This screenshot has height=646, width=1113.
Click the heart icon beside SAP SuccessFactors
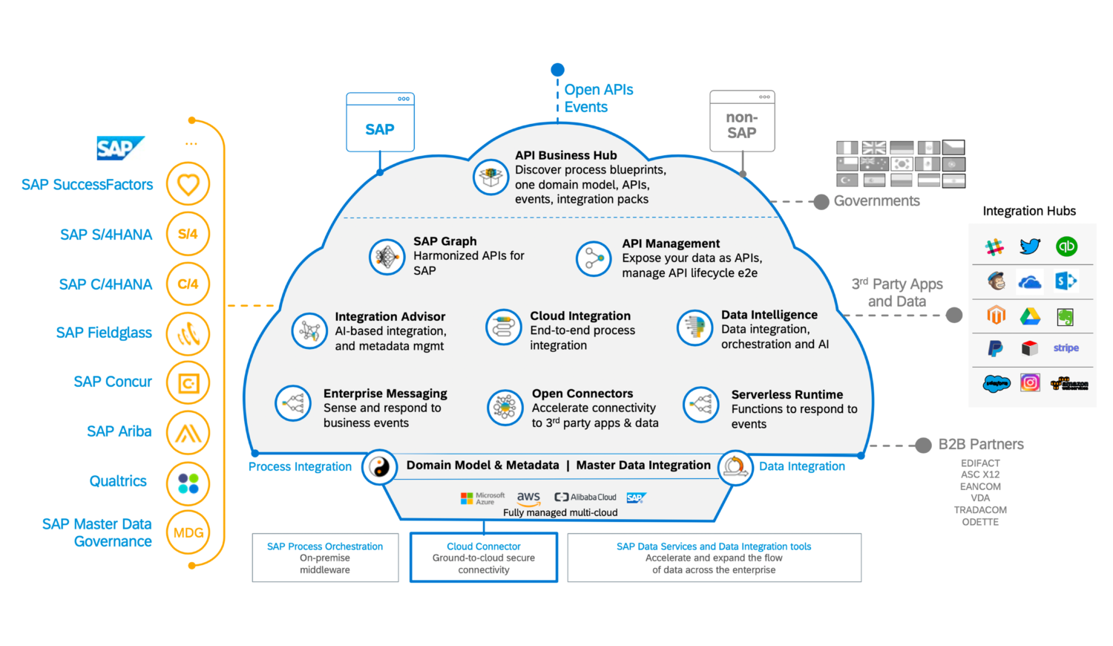(188, 184)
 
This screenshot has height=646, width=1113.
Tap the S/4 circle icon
(188, 234)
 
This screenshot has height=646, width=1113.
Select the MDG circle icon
(188, 532)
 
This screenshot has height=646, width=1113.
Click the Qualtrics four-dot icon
(188, 483)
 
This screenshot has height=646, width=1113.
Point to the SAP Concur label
(113, 382)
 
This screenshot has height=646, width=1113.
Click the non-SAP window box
(742, 122)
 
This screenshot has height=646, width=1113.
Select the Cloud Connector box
(484, 558)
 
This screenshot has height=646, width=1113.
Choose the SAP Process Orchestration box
(325, 558)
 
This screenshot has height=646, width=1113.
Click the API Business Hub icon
(490, 177)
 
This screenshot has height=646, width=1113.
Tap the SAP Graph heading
(445, 241)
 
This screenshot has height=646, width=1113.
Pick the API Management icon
(594, 258)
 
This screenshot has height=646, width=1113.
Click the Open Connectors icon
(505, 408)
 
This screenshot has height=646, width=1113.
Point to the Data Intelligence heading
(769, 315)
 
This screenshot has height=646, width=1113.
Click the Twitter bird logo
(1030, 246)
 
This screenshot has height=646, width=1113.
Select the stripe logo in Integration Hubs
(1066, 348)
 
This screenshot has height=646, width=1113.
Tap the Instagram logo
(1030, 382)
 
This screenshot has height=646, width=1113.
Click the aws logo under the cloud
(528, 497)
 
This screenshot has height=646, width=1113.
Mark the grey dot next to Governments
(821, 202)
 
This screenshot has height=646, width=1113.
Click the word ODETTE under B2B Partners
(980, 522)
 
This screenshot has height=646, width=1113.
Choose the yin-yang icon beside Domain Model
(380, 467)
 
